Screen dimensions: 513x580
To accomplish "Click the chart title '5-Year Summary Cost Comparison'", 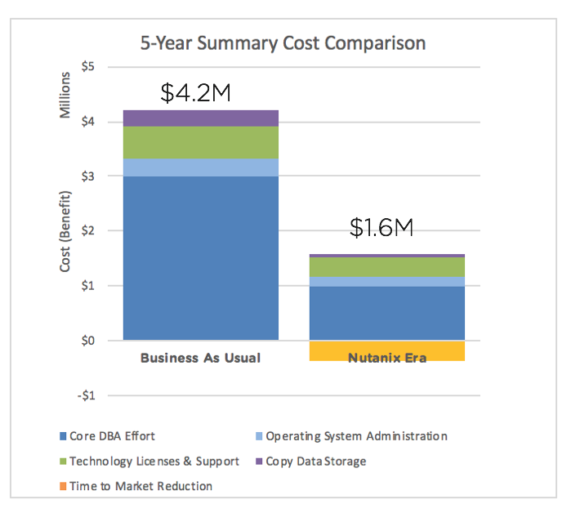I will click(283, 42).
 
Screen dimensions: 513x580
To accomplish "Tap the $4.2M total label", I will click(195, 93).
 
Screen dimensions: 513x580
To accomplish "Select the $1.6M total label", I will click(381, 228).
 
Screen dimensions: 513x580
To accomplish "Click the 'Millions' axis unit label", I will click(66, 95).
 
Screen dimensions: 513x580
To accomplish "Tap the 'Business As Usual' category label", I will click(200, 358).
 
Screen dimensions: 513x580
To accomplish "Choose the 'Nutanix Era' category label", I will click(387, 358).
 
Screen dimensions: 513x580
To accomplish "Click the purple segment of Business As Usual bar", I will click(200, 118).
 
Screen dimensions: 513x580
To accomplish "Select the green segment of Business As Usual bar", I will click(200, 142).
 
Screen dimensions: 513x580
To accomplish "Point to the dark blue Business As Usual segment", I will click(200, 257).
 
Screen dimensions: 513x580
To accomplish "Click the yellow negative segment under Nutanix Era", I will click(387, 350).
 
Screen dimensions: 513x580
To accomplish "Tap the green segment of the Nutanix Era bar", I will click(387, 267).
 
